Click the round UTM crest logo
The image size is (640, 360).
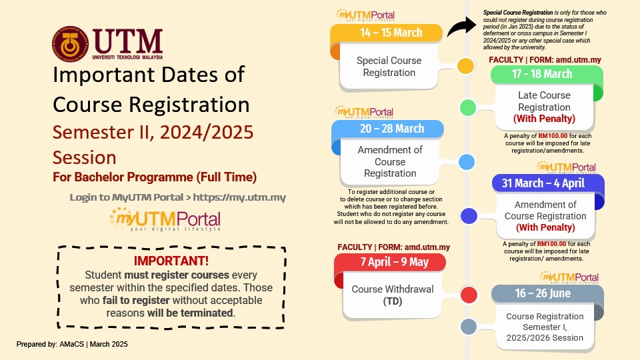point(70,44)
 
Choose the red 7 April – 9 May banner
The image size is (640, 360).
point(390,262)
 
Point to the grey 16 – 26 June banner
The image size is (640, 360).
point(547,293)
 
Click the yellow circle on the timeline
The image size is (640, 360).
point(466,66)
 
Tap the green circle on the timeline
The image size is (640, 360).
point(468,107)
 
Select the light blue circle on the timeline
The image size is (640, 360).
point(467,161)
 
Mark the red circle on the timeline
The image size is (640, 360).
point(469,295)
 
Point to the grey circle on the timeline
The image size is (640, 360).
point(469,327)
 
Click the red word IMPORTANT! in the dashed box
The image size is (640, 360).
point(171,261)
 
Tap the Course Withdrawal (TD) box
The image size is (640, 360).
point(392,295)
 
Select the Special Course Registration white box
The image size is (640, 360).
point(389,67)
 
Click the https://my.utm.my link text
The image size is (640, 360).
point(239,197)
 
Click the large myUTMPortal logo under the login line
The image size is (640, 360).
point(165,219)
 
